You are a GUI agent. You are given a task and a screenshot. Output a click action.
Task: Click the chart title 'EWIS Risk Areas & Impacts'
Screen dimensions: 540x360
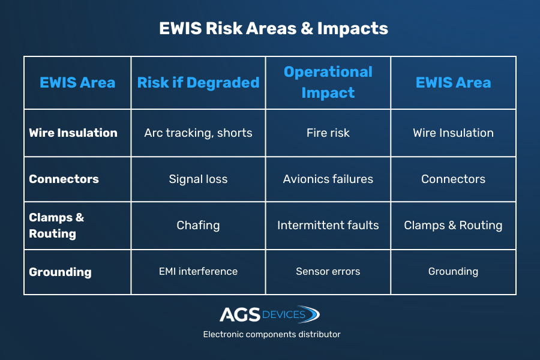tap(274, 28)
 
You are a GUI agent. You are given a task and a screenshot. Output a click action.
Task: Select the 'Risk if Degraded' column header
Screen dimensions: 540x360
tap(198, 83)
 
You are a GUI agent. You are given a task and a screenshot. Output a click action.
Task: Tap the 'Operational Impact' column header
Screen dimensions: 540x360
tap(328, 82)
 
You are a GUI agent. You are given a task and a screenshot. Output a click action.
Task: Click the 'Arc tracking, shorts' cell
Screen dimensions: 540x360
tap(198, 133)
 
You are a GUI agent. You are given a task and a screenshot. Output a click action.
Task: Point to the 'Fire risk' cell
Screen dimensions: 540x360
tap(328, 133)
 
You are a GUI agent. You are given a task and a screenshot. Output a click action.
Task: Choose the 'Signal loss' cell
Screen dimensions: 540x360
tap(198, 179)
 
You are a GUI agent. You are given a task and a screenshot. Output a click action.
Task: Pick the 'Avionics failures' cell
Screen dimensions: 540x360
tap(328, 179)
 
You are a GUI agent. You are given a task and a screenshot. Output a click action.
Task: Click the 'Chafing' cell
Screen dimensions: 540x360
tap(198, 226)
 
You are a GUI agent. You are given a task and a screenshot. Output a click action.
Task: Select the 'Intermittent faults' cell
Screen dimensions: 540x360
tap(328, 226)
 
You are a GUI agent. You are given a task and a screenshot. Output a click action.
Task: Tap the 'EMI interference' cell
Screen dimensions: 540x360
tap(198, 271)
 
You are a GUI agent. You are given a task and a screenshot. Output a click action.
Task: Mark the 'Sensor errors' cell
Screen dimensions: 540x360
tap(328, 271)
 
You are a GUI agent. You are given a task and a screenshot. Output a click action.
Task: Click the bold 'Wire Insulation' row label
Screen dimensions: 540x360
tap(73, 133)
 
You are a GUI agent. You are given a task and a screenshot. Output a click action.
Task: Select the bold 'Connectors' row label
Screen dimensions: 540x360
tap(64, 179)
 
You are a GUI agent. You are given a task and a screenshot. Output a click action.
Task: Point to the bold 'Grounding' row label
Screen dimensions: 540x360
tap(60, 272)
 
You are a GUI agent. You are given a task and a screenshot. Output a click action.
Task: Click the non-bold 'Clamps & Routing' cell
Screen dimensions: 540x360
tap(453, 226)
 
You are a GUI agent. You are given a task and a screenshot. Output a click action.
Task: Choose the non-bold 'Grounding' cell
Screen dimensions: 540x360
tap(453, 271)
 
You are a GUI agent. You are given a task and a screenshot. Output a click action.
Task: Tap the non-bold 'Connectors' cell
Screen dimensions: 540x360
tap(453, 179)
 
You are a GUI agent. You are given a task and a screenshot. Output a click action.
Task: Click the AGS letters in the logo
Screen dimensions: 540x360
tap(240, 314)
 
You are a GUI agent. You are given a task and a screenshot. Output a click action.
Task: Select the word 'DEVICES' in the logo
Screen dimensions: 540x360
tap(283, 314)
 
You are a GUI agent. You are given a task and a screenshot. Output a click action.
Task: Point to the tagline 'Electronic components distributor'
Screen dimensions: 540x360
tap(272, 335)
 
